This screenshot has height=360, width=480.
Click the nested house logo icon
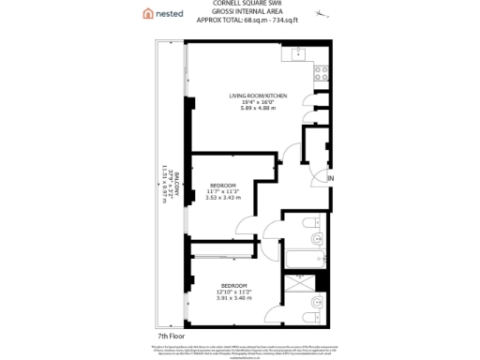click(x=147, y=13)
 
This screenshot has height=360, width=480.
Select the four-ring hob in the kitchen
click(x=321, y=71)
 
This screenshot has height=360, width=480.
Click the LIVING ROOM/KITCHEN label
click(x=259, y=97)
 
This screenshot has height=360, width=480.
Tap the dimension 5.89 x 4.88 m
click(x=259, y=110)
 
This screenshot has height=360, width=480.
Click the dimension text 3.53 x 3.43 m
click(x=222, y=198)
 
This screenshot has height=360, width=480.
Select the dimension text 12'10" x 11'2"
click(x=234, y=292)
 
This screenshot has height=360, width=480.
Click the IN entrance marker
click(x=330, y=178)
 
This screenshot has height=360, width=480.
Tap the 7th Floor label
click(x=171, y=334)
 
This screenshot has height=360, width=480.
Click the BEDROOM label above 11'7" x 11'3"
click(x=222, y=185)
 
